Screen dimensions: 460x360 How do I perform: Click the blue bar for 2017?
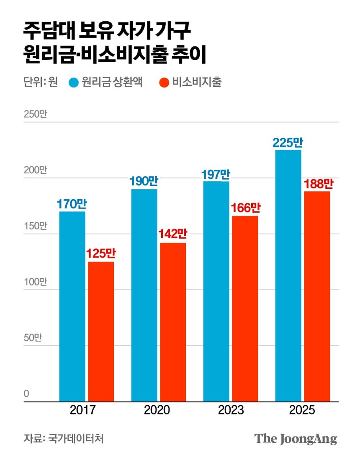[72, 306]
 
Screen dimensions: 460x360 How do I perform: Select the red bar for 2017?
[100, 332]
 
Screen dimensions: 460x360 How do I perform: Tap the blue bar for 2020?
[144, 295]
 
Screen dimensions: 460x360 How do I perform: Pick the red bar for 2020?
[172, 322]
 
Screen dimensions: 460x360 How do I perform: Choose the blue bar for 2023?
[216, 291]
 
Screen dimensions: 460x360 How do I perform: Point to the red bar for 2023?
[245, 309]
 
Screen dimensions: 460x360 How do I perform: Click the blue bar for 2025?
[288, 276]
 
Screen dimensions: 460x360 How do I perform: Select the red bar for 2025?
[317, 296]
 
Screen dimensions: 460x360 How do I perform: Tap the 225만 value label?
[288, 143]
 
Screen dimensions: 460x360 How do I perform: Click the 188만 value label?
[317, 184]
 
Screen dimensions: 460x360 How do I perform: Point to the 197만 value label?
[216, 174]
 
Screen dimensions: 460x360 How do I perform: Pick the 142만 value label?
[172, 235]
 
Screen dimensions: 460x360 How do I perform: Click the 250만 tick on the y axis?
[36, 114]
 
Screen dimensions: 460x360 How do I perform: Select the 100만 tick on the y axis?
[36, 282]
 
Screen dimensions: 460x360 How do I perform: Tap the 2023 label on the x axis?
[231, 410]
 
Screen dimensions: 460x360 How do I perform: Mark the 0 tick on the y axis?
[26, 393]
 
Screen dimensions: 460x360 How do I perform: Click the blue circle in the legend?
[74, 82]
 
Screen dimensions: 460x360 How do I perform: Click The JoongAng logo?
[296, 439]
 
